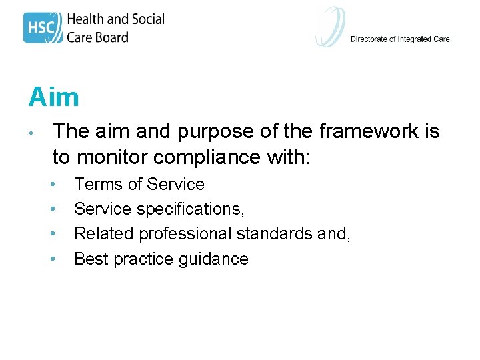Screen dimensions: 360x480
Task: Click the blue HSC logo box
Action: tap(43, 27)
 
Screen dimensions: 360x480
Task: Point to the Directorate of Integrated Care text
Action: tap(399, 39)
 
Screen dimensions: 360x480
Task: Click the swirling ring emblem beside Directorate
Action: tap(331, 27)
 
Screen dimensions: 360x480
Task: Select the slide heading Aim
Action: tap(53, 97)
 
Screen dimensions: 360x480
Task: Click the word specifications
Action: tap(191, 209)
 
